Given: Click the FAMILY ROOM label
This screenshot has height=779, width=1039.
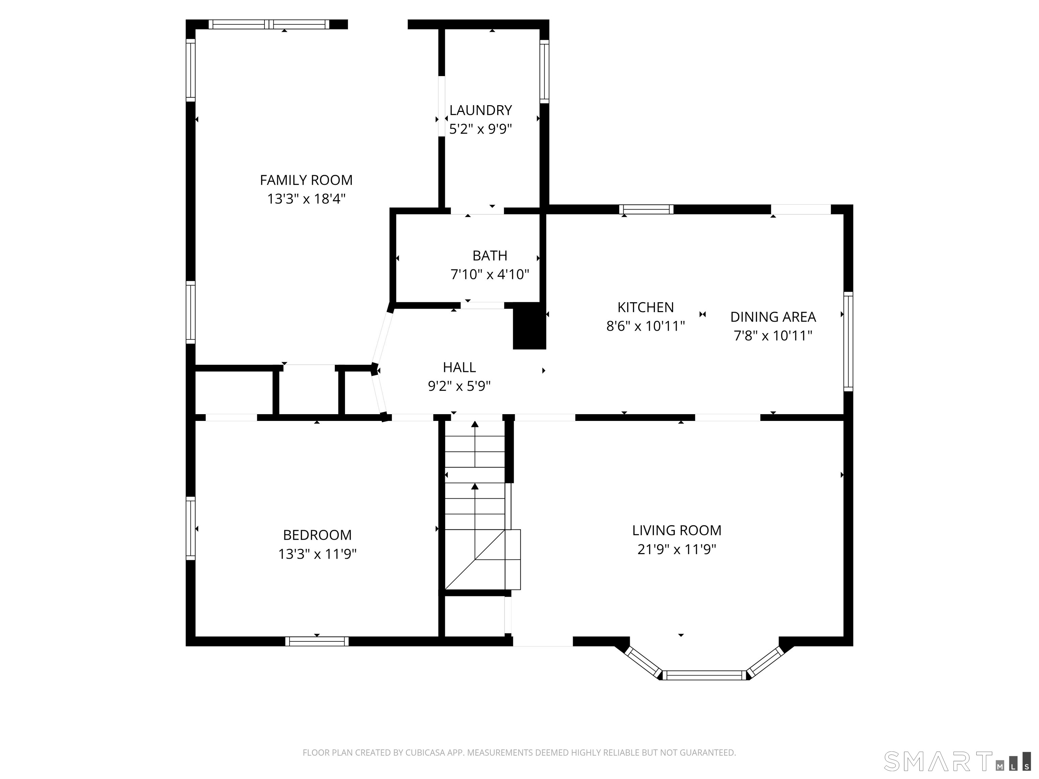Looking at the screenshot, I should [306, 180].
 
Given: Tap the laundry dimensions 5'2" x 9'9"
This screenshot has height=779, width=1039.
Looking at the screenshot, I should [480, 129].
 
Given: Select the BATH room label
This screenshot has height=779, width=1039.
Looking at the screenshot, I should [489, 256].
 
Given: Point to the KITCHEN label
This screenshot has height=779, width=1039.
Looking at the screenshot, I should [645, 307].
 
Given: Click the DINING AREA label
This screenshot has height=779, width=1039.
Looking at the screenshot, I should [773, 317].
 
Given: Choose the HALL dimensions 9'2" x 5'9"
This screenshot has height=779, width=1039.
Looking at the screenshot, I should [459, 386].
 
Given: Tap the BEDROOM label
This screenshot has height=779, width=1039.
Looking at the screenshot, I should [317, 535].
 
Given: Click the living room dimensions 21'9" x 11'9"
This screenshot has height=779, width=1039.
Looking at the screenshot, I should [676, 549].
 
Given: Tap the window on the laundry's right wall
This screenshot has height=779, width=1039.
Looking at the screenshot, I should [544, 71].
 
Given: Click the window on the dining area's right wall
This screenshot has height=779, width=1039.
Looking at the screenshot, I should [848, 341].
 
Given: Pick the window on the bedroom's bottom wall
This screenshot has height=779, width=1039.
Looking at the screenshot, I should [317, 641].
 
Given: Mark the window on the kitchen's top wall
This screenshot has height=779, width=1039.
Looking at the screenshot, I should [646, 209].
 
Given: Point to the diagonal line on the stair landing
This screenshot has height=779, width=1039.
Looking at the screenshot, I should [475, 560].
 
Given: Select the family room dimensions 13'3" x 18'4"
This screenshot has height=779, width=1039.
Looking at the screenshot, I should [306, 198].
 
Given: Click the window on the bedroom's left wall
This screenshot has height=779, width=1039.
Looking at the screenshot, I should [190, 528].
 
